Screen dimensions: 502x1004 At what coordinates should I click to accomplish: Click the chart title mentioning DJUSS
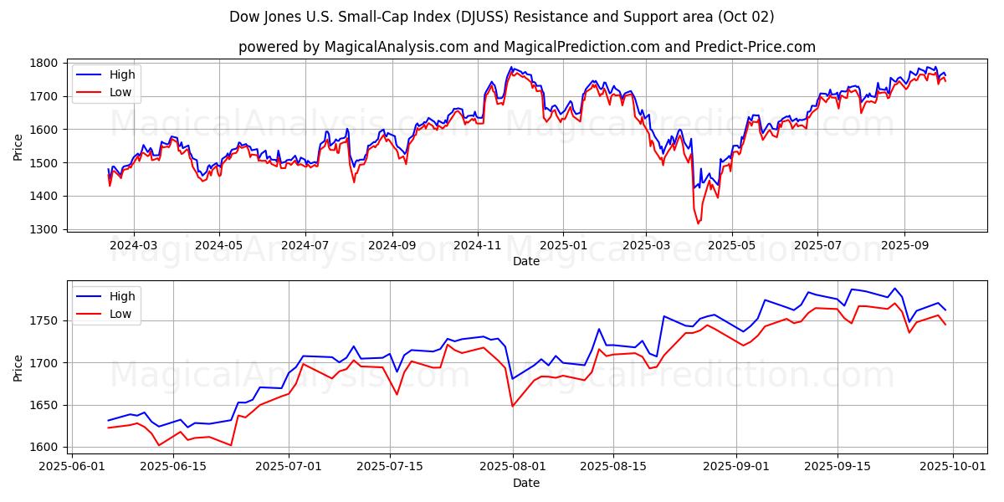[502, 17]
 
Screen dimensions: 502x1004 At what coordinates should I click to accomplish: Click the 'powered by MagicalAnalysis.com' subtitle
[527, 47]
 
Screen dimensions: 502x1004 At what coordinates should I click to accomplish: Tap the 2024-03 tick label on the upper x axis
[134, 245]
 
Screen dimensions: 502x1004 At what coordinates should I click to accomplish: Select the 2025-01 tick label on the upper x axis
[562, 245]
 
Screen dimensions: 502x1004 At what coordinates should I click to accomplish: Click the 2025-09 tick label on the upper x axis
[904, 245]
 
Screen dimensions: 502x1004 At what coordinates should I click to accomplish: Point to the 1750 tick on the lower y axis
[45, 321]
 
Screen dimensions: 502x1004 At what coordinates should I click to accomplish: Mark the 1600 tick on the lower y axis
[45, 447]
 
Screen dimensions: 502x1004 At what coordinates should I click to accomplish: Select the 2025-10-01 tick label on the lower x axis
[952, 467]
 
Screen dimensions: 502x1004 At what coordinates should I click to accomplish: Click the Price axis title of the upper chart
[18, 146]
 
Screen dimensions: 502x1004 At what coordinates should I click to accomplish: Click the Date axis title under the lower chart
[526, 483]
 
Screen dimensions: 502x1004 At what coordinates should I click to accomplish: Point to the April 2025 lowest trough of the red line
[698, 223]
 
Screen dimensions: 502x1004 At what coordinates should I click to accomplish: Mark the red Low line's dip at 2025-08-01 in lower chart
[512, 407]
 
